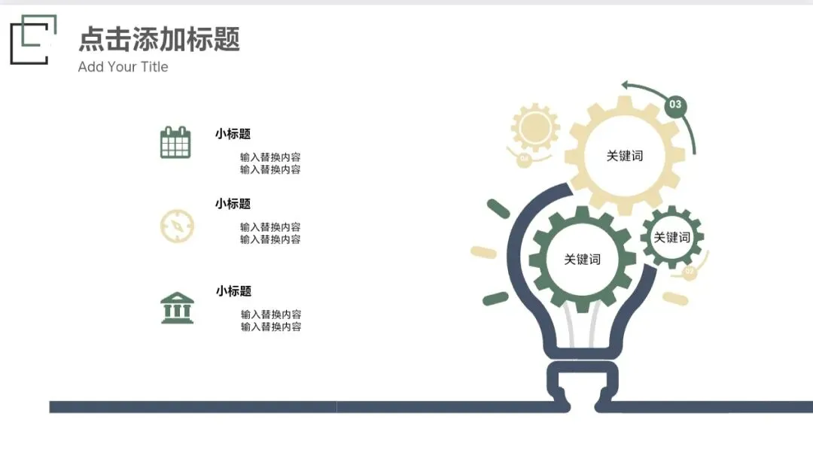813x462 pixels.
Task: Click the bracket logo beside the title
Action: click(32, 39)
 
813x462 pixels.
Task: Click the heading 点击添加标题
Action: click(159, 39)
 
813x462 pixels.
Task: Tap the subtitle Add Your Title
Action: click(123, 67)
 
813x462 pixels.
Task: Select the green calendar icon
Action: click(175, 143)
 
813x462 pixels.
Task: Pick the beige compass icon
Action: click(177, 226)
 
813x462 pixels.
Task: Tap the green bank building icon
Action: click(177, 308)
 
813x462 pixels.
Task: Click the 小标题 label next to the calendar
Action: click(233, 134)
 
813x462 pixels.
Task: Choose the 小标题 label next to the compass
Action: click(233, 204)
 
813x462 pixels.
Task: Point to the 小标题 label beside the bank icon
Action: click(233, 291)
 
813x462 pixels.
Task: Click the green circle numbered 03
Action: click(675, 105)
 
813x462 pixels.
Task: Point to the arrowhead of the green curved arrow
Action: click(626, 86)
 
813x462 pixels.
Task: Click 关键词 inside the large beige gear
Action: click(625, 156)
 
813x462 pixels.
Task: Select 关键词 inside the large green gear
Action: click(583, 260)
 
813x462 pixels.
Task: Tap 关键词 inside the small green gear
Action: click(671, 238)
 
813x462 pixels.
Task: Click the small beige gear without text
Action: click(534, 126)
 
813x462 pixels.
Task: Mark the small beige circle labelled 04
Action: click(525, 159)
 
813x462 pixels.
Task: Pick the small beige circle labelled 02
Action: click(689, 272)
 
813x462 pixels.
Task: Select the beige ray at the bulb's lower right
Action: click(674, 299)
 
